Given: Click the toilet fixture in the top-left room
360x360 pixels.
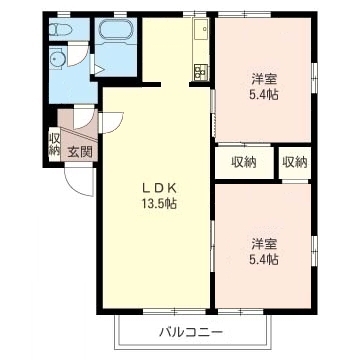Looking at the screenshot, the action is [x=61, y=30].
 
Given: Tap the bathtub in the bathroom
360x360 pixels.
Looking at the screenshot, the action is [x=116, y=29].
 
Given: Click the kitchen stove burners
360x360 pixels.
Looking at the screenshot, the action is [x=201, y=72].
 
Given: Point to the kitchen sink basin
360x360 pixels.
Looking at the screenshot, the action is [x=201, y=29].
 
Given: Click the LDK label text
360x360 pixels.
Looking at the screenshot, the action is [x=159, y=188].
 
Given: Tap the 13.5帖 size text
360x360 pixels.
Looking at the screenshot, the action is [x=159, y=203].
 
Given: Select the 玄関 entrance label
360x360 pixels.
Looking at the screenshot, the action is [x=80, y=152].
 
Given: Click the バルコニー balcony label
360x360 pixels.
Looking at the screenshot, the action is [x=191, y=332].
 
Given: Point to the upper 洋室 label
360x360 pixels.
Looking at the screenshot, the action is [x=264, y=80].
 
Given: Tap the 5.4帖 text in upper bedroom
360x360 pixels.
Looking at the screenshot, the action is [x=264, y=95].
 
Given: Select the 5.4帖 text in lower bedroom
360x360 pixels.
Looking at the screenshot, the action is [x=264, y=259].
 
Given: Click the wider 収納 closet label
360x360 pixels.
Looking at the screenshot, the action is [x=244, y=162].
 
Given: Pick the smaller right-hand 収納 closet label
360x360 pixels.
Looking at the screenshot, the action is [x=295, y=162].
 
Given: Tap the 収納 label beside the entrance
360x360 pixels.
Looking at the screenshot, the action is [x=54, y=144].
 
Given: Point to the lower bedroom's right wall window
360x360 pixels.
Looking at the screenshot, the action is [x=314, y=251].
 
